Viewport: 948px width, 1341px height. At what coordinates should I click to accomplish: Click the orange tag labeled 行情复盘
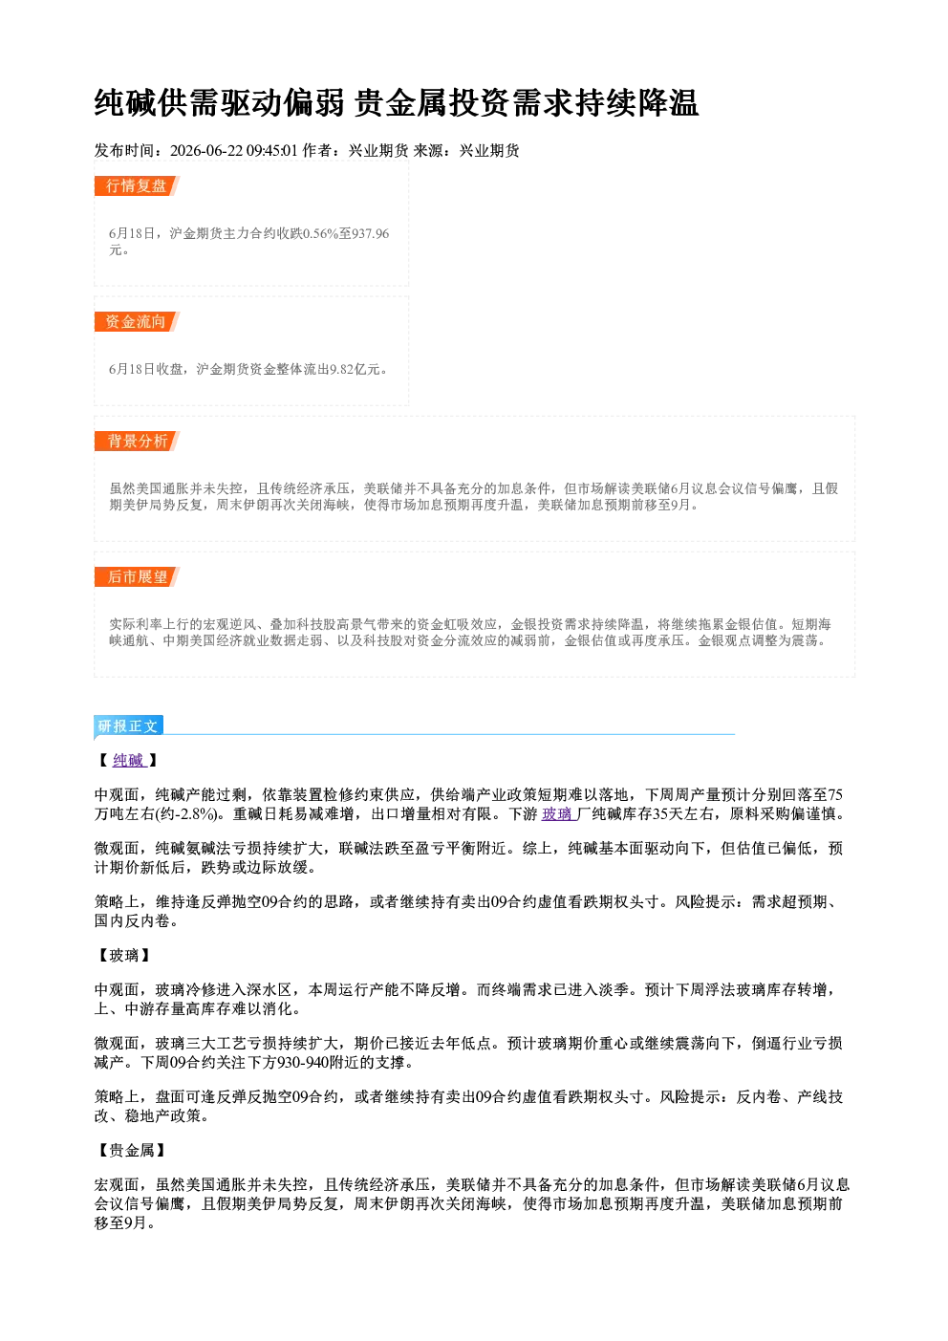(137, 185)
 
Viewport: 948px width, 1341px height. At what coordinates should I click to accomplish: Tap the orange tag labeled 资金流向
(137, 321)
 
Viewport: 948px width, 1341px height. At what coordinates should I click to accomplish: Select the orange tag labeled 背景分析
(137, 442)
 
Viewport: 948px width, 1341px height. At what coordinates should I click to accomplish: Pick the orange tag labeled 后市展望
(137, 577)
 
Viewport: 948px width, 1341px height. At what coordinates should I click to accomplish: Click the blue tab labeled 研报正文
(128, 726)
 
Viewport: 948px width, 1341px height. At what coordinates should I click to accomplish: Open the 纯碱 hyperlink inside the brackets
(129, 760)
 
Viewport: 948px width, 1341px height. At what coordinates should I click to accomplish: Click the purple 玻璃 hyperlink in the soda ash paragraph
(557, 814)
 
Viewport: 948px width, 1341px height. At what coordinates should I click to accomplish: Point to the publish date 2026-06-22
(206, 151)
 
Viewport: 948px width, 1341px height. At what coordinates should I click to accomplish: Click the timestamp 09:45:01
(271, 151)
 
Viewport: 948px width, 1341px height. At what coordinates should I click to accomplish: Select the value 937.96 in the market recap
(371, 233)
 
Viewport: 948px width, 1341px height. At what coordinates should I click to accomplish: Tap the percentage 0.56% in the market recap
(321, 233)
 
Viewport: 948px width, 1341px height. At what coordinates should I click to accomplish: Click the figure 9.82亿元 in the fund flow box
(355, 369)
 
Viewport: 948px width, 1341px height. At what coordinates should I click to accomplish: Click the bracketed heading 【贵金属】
(132, 1150)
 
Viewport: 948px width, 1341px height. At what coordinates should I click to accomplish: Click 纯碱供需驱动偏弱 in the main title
(220, 103)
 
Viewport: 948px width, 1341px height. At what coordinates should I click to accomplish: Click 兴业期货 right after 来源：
(489, 151)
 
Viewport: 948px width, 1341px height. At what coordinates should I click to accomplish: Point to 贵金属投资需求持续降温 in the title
(527, 103)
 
